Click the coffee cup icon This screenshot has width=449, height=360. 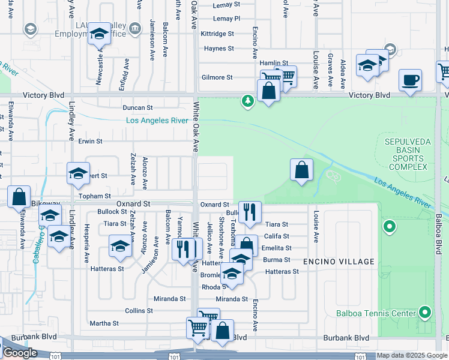coord(410,80)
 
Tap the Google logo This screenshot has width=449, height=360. coord(19,353)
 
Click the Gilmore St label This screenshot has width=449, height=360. coord(217,77)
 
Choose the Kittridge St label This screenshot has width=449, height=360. coord(217,34)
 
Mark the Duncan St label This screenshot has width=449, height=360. coord(137,108)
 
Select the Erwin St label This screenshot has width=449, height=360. coord(91,142)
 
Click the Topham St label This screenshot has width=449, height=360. coord(95,196)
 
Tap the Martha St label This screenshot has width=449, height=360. coord(104,323)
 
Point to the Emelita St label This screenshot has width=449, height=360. coord(277,248)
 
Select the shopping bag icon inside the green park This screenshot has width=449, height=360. coord(301,170)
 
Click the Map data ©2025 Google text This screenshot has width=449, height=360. coord(411,355)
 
